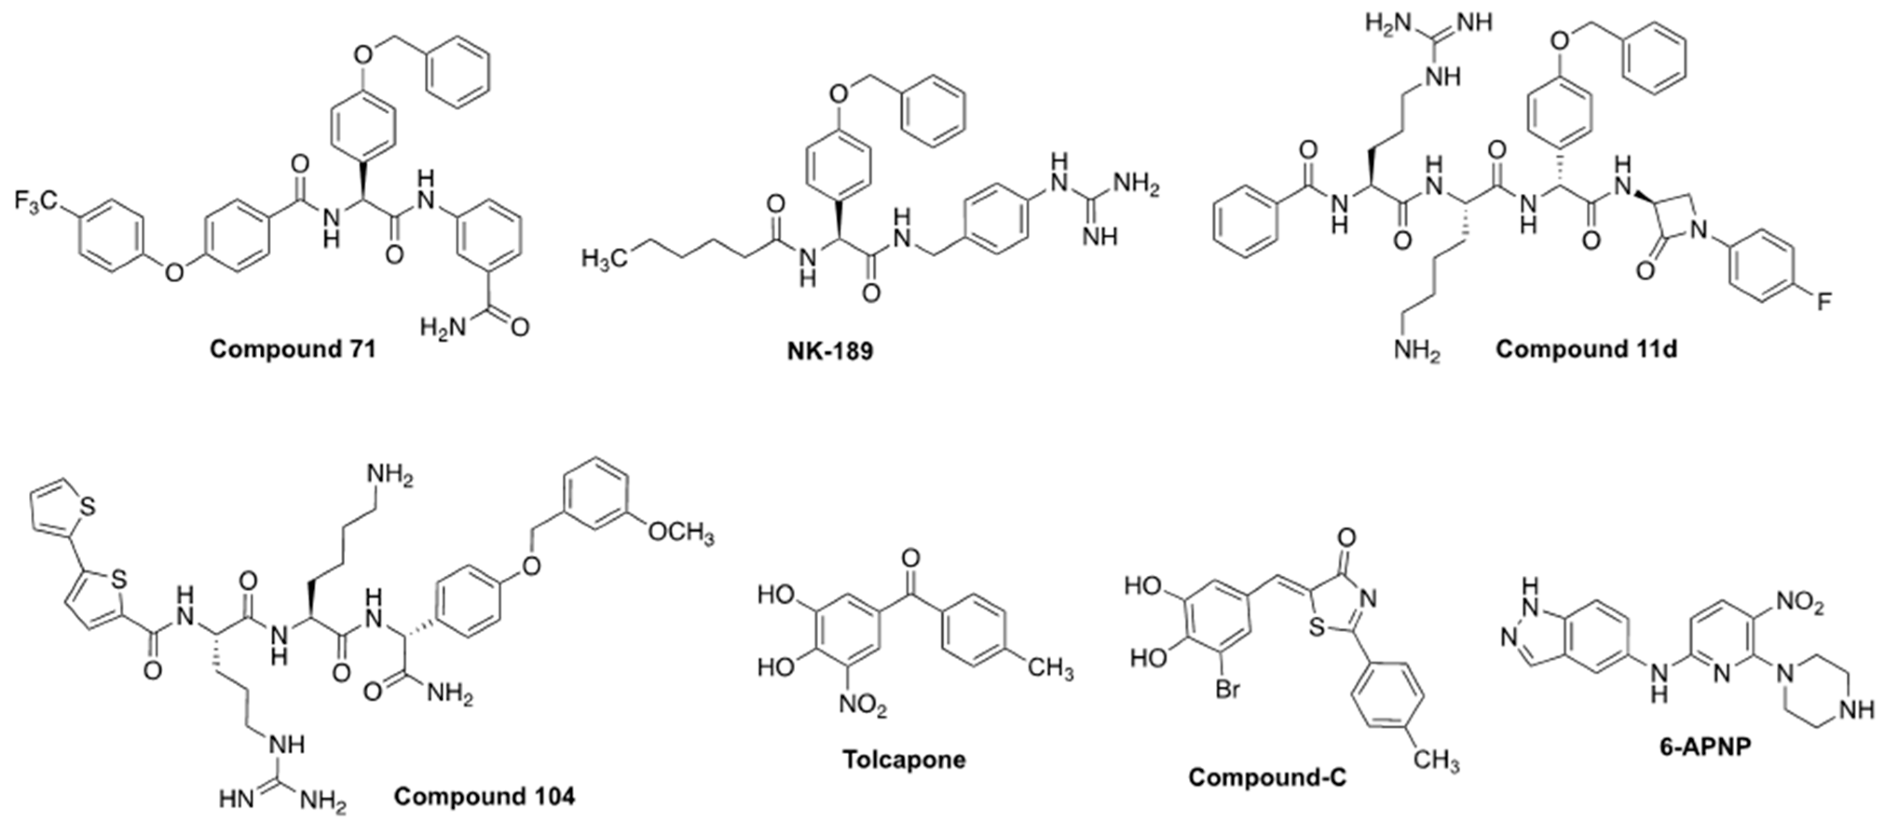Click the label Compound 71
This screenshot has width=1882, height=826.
click(x=293, y=349)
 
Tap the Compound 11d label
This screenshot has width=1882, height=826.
click(x=1586, y=349)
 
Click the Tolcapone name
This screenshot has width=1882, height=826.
click(x=905, y=759)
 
